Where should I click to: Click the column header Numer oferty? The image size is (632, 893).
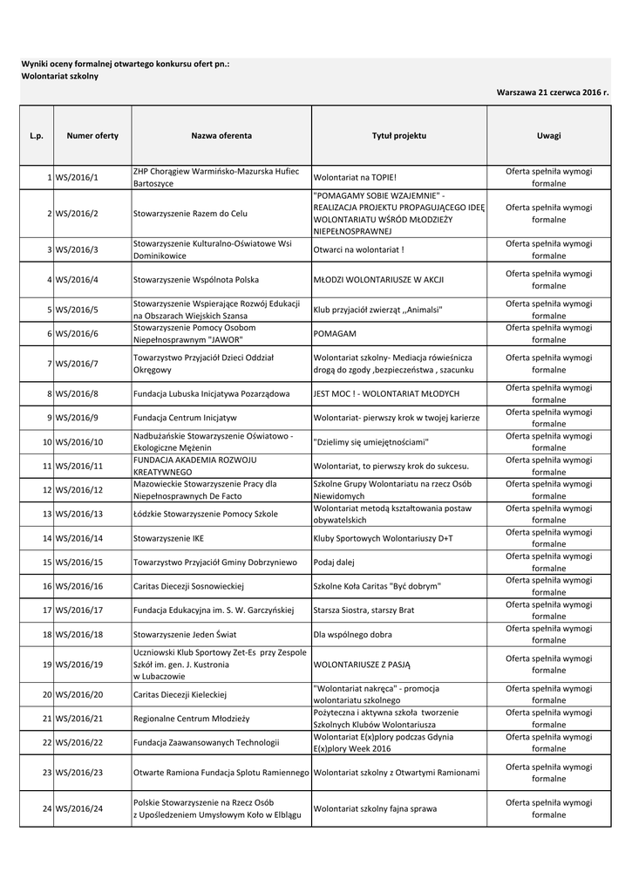coord(92,136)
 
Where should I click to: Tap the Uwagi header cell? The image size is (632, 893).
coord(548,136)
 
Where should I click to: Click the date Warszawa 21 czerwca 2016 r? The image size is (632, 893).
coord(553,92)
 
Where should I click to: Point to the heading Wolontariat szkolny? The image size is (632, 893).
coord(59,77)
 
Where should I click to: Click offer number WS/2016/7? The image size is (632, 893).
coord(77,364)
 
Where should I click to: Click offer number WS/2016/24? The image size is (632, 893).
coord(78,808)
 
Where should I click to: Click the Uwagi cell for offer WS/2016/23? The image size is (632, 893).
coord(548,773)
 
